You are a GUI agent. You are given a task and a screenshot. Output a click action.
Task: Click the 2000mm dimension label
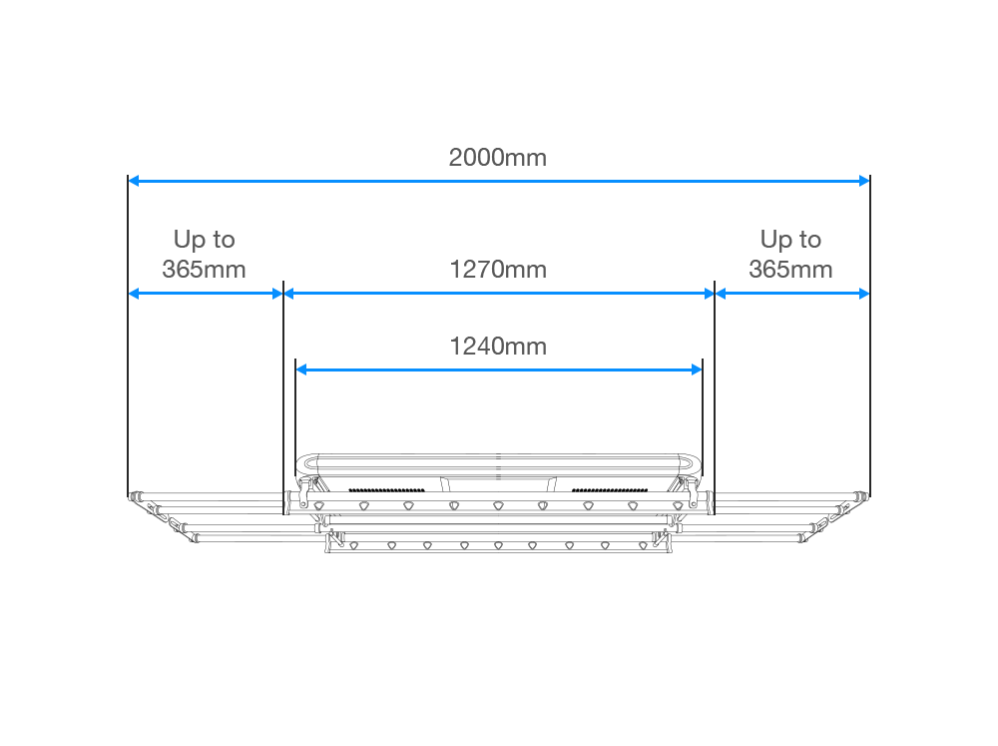498,158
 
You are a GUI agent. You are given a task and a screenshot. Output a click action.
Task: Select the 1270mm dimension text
498,269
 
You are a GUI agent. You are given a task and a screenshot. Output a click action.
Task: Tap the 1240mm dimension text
498,346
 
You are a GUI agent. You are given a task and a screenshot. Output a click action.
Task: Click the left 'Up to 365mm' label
205,254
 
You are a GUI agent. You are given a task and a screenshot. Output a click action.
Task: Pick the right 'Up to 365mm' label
790,254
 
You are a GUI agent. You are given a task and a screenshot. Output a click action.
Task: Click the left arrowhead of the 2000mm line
134,181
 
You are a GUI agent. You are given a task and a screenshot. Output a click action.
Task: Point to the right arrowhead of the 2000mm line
863,181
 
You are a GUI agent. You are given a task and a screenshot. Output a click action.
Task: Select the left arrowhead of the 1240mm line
301,370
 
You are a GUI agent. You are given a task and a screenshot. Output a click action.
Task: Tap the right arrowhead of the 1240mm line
697,370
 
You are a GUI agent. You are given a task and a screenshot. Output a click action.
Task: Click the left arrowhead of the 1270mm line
289,294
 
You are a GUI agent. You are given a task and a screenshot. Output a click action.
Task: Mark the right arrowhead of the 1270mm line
709,294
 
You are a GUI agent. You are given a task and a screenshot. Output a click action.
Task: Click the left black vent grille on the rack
387,490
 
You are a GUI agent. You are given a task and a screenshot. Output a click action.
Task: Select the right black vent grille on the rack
610,490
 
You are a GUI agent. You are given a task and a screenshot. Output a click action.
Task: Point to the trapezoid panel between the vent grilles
498,484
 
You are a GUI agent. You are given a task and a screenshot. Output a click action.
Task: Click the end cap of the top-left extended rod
135,496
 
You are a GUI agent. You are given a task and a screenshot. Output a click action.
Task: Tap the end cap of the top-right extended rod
862,496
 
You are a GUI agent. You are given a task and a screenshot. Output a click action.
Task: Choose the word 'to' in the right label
810,240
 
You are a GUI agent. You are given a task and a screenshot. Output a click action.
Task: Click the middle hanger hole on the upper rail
498,506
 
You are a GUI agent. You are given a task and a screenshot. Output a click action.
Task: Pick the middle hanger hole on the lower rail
498,546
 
